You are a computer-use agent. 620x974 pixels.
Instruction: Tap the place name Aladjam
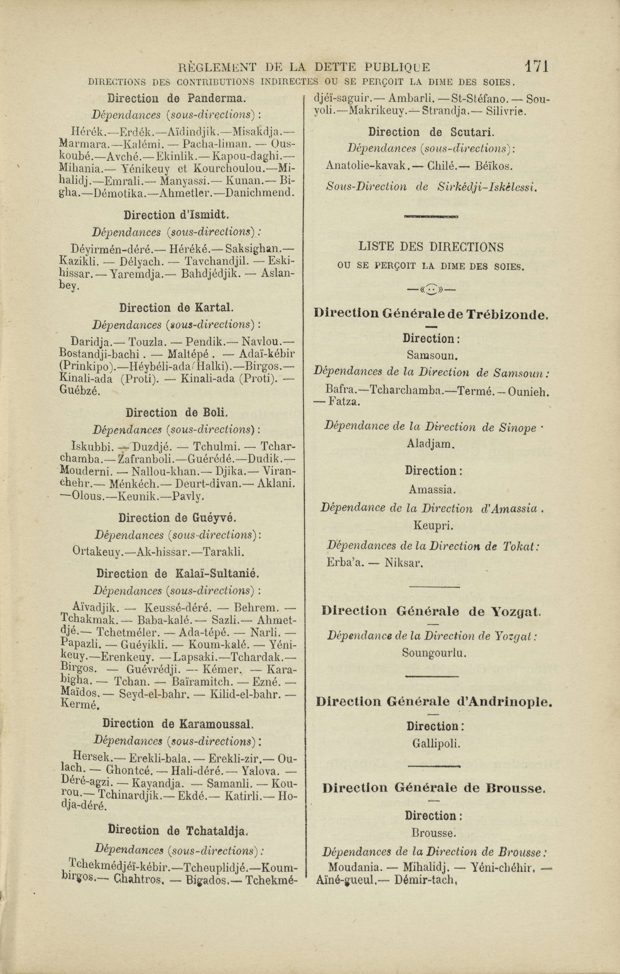pos(431,444)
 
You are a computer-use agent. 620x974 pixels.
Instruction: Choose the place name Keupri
pos(433,526)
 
